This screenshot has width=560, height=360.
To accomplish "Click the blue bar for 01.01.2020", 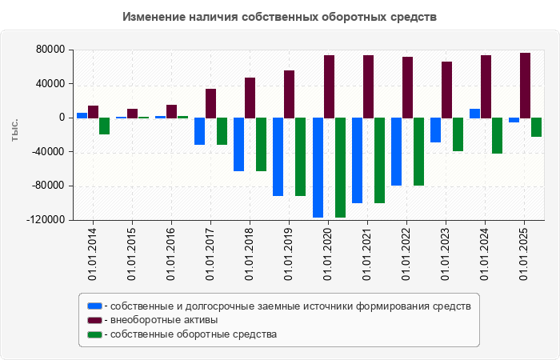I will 318,167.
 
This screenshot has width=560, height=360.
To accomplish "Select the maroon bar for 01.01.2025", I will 525,86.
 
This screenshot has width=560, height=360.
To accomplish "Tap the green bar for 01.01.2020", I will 340,167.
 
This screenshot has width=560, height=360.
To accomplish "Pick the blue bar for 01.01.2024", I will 474,114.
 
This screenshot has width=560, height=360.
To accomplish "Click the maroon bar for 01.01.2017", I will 210,103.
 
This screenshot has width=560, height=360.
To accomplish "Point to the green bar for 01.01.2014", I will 104,126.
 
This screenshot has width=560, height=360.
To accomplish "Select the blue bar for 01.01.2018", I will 238,144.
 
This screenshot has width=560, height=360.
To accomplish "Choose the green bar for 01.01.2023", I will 458,134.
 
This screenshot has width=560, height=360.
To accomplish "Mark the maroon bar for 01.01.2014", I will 93,112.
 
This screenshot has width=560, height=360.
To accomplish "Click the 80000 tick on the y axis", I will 50,50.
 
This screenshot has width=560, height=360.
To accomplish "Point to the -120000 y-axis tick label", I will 46,220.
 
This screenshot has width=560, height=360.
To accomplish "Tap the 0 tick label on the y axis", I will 61,118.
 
